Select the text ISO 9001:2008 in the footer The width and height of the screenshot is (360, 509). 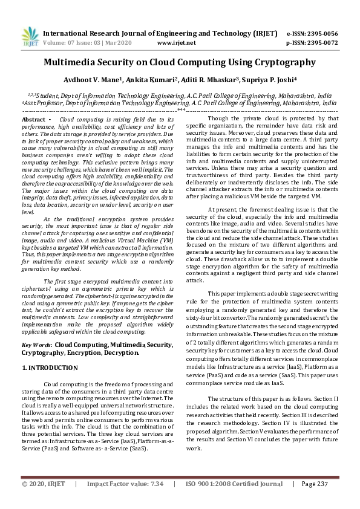pyautogui.click(x=209, y=484)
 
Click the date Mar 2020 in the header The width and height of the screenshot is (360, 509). pyautogui.click(x=114, y=44)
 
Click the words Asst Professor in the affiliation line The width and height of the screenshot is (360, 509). pyautogui.click(x=42, y=103)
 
